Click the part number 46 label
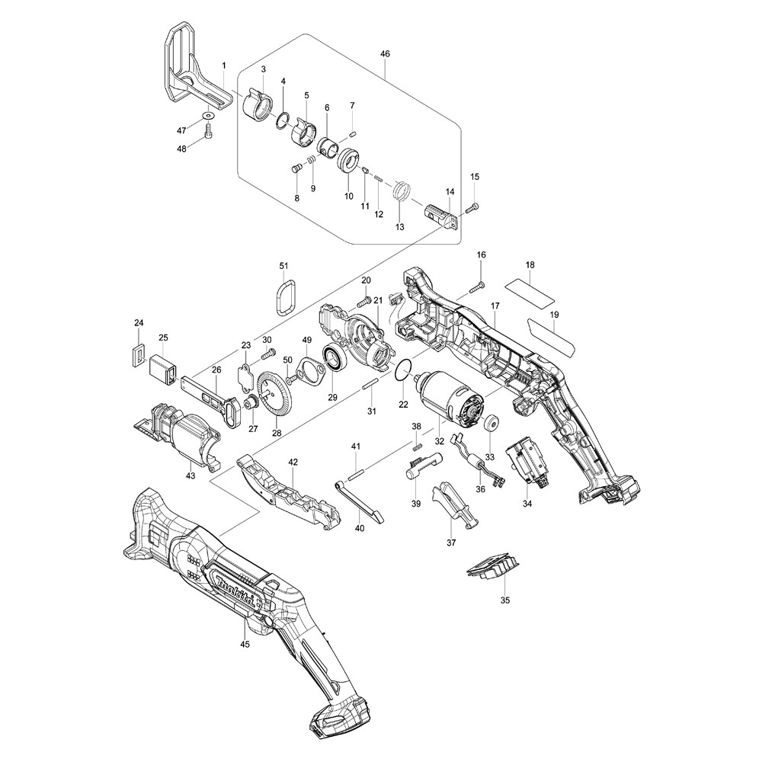click(x=385, y=54)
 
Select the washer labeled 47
click(x=208, y=116)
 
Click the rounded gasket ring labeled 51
click(x=286, y=296)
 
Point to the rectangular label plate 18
click(x=530, y=290)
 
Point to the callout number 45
click(x=245, y=644)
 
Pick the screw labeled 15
click(x=473, y=206)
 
